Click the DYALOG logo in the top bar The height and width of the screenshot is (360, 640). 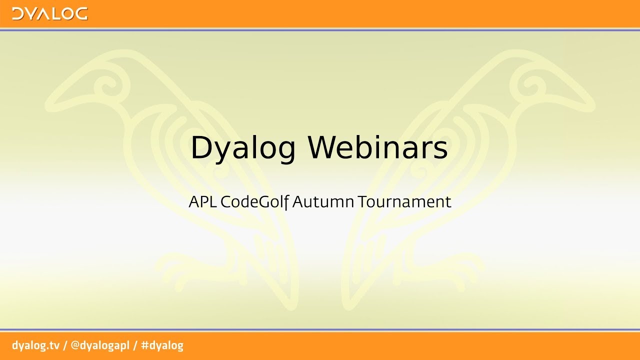pos(49,13)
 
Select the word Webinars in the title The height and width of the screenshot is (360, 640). pos(377,148)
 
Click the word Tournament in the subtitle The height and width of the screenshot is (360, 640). pos(404,202)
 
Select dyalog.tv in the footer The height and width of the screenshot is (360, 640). pos(35,345)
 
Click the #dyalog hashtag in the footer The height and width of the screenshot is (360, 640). pos(162,345)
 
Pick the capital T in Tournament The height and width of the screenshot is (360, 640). pos(362,202)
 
